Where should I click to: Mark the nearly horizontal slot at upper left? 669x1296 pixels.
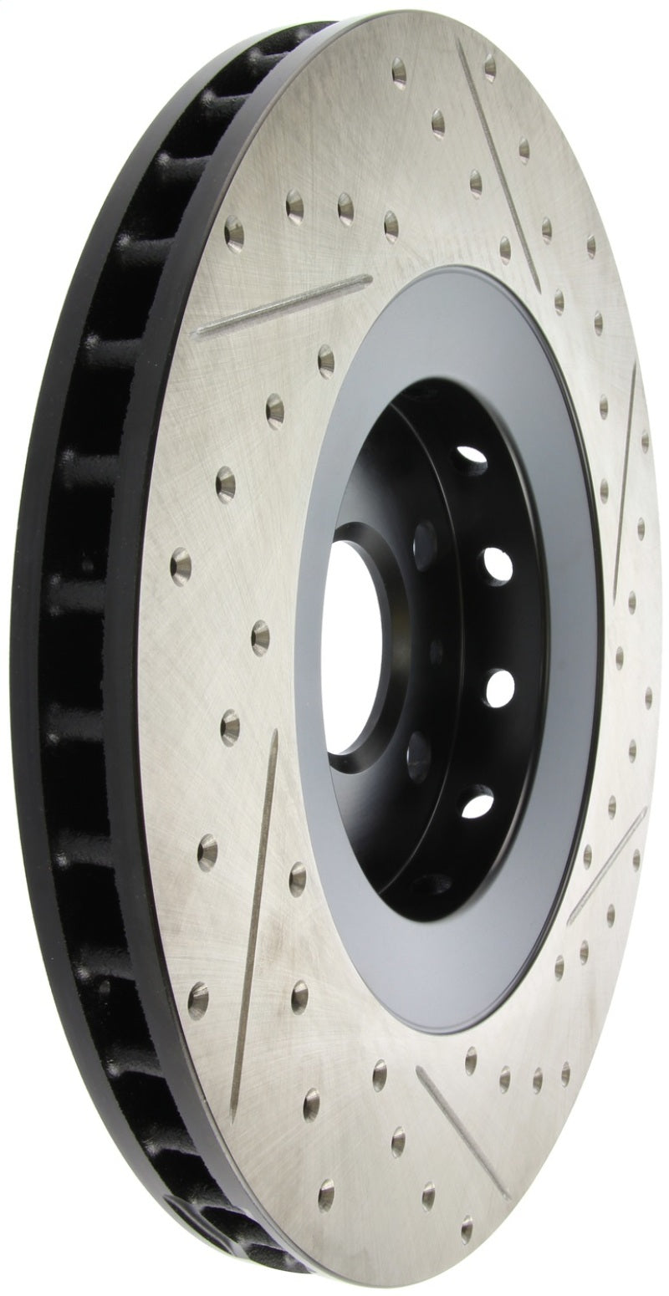[x=280, y=305]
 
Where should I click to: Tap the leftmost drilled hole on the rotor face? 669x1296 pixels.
[x=181, y=566]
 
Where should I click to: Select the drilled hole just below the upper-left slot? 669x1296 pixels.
[x=325, y=360]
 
